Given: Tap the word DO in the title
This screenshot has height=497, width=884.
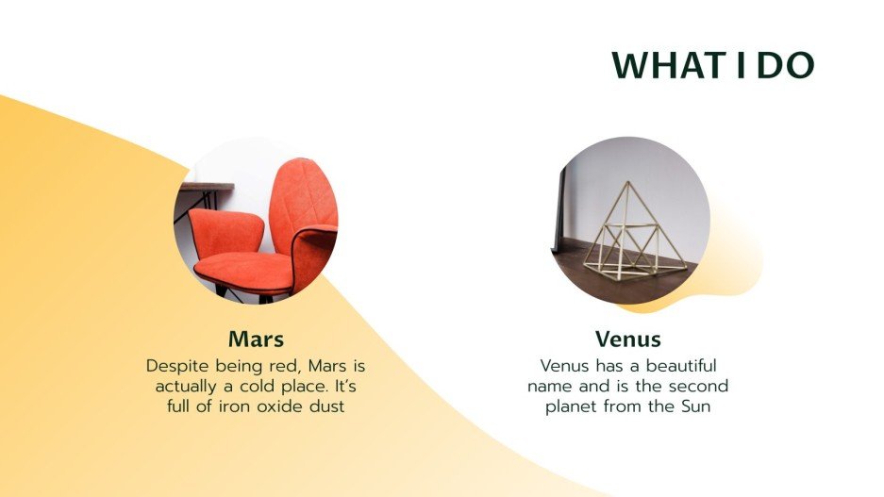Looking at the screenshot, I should pyautogui.click(x=786, y=66).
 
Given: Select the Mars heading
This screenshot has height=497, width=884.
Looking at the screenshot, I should pyautogui.click(x=256, y=339).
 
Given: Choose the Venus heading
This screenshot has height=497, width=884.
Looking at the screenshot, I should pyautogui.click(x=627, y=339).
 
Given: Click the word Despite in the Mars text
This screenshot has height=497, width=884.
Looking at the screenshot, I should pyautogui.click(x=175, y=365).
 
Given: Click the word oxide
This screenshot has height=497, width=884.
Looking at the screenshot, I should pyautogui.click(x=266, y=406).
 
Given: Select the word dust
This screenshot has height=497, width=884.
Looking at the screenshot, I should pyautogui.click(x=321, y=406).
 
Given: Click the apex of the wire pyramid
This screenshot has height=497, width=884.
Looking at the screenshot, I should pyautogui.click(x=624, y=183).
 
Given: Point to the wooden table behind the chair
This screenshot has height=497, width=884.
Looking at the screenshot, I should pyautogui.click(x=203, y=188).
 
